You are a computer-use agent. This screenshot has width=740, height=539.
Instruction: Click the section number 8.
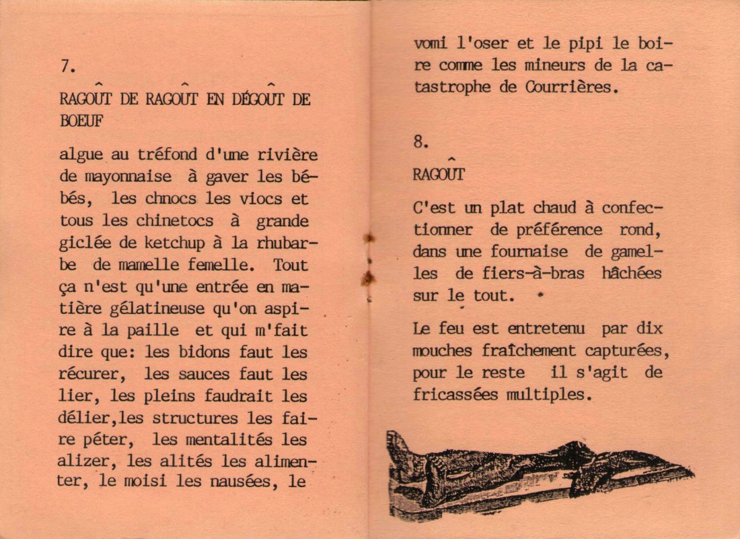(x=420, y=141)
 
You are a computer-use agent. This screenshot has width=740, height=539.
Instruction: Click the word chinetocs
(x=175, y=220)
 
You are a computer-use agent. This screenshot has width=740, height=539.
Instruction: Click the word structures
(x=195, y=418)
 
